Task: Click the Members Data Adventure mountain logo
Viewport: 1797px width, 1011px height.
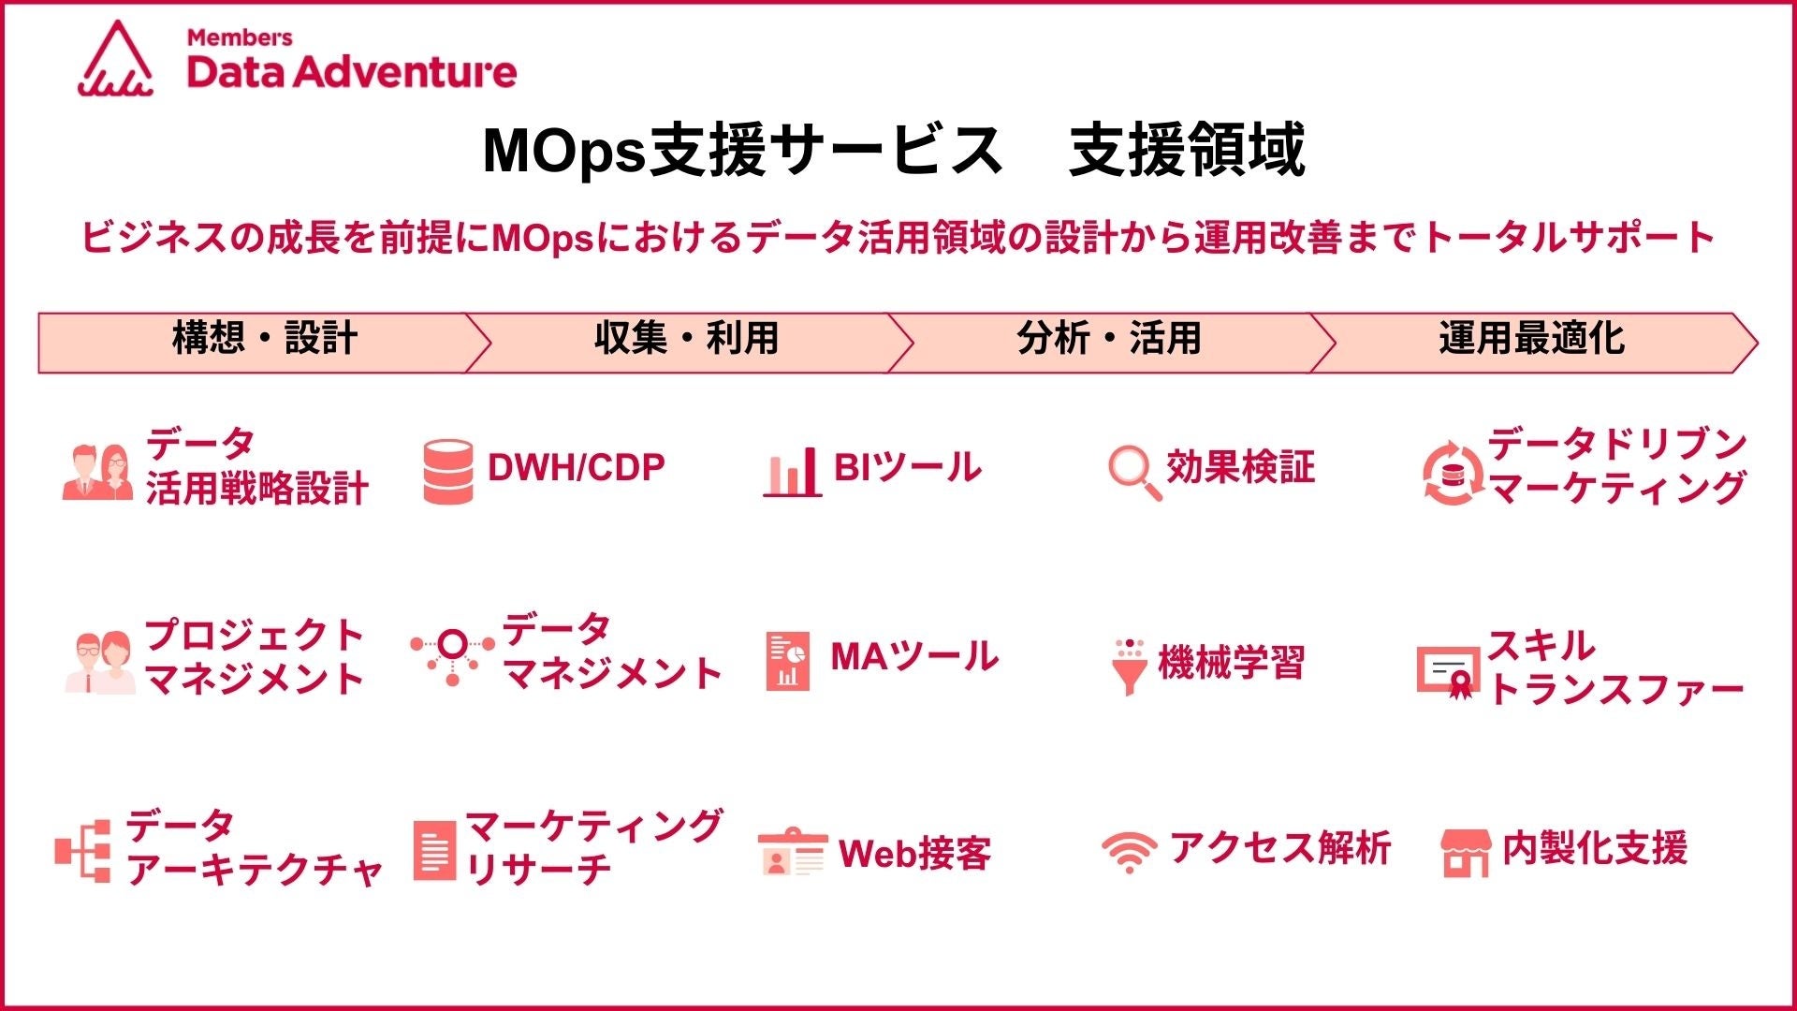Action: pyautogui.click(x=116, y=58)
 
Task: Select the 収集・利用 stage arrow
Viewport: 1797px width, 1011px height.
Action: pyautogui.click(x=688, y=343)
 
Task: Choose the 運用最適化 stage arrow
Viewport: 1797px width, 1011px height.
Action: pyautogui.click(x=1535, y=343)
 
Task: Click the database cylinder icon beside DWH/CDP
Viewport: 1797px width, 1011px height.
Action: pyautogui.click(x=447, y=472)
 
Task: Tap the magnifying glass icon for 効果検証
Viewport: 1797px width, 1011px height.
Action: pyautogui.click(x=1134, y=473)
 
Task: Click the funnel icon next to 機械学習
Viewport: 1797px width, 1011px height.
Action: pyautogui.click(x=1130, y=667)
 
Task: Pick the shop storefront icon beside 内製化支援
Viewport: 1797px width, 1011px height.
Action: pyautogui.click(x=1466, y=852)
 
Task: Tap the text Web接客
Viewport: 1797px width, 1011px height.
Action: pyautogui.click(x=914, y=853)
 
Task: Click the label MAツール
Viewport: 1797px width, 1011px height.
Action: pyautogui.click(x=914, y=656)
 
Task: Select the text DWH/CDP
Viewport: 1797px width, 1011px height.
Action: pyautogui.click(x=577, y=467)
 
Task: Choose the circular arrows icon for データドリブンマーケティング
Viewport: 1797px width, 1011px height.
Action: pyautogui.click(x=1453, y=473)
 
